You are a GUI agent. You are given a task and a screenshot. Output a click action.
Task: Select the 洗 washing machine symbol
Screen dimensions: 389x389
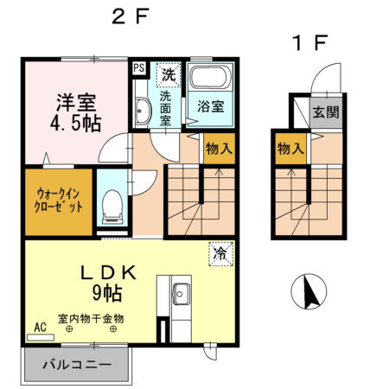point(169,75)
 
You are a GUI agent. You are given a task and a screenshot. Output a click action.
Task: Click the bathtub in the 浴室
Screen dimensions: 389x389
point(209,80)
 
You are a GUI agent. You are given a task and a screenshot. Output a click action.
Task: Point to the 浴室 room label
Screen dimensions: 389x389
point(210,108)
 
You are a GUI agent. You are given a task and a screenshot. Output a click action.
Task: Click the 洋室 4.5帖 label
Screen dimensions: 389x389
point(73,112)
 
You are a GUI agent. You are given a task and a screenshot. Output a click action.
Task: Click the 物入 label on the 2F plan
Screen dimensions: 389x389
point(218,149)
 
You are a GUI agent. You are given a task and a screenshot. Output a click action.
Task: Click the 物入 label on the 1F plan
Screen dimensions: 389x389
point(290,149)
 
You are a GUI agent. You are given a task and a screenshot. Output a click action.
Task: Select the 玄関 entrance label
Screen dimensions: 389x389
point(326,113)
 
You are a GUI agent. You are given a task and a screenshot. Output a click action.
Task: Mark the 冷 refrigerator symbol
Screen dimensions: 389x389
point(221,254)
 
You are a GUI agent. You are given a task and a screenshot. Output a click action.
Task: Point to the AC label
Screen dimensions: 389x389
point(39,328)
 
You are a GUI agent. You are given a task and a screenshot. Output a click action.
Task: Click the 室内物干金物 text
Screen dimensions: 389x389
point(91,318)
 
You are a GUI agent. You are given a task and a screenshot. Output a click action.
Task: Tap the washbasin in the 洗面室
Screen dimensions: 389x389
point(143,110)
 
